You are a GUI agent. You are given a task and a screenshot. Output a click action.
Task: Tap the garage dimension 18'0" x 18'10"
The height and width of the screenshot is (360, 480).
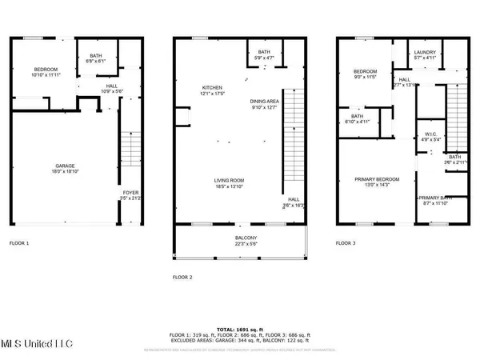(x=54, y=170)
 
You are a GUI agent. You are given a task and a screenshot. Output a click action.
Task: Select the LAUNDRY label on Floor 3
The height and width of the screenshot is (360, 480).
(x=424, y=52)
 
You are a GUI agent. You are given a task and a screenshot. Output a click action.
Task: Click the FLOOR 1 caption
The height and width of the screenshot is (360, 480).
(x=19, y=242)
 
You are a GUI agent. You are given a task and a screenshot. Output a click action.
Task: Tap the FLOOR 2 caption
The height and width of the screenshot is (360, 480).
(x=182, y=277)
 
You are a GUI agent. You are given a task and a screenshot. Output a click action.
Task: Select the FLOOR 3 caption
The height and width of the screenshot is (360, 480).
(x=345, y=242)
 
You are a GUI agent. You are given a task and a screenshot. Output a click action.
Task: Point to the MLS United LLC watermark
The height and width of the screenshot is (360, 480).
(x=37, y=344)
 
